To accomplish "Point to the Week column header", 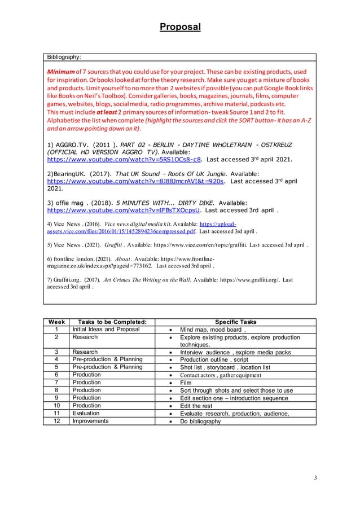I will point(55,322).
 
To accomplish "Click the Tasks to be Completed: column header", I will point(107,322).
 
